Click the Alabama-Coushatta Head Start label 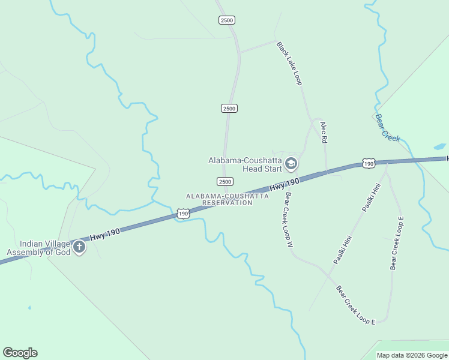[245, 164]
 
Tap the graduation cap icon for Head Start [291, 163]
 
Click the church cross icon [79, 247]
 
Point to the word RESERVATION [227, 203]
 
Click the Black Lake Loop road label [289, 63]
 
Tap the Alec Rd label [324, 132]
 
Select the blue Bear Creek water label [387, 128]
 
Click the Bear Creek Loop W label [288, 220]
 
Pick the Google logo [20, 353]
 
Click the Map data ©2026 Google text [412, 355]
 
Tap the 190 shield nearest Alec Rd [368, 163]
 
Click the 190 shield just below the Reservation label [183, 214]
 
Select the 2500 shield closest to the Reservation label [224, 181]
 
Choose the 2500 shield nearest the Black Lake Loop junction [227, 20]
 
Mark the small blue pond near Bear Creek [439, 146]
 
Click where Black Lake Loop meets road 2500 [240, 52]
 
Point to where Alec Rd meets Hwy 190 [327, 172]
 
